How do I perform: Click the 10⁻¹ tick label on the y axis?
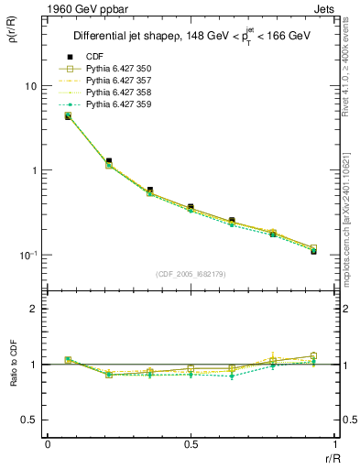27,256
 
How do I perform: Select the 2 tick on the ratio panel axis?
35,309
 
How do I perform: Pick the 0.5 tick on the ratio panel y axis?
30,420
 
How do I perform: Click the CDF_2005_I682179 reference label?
190,274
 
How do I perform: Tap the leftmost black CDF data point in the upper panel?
68,116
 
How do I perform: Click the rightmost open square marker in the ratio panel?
313,356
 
